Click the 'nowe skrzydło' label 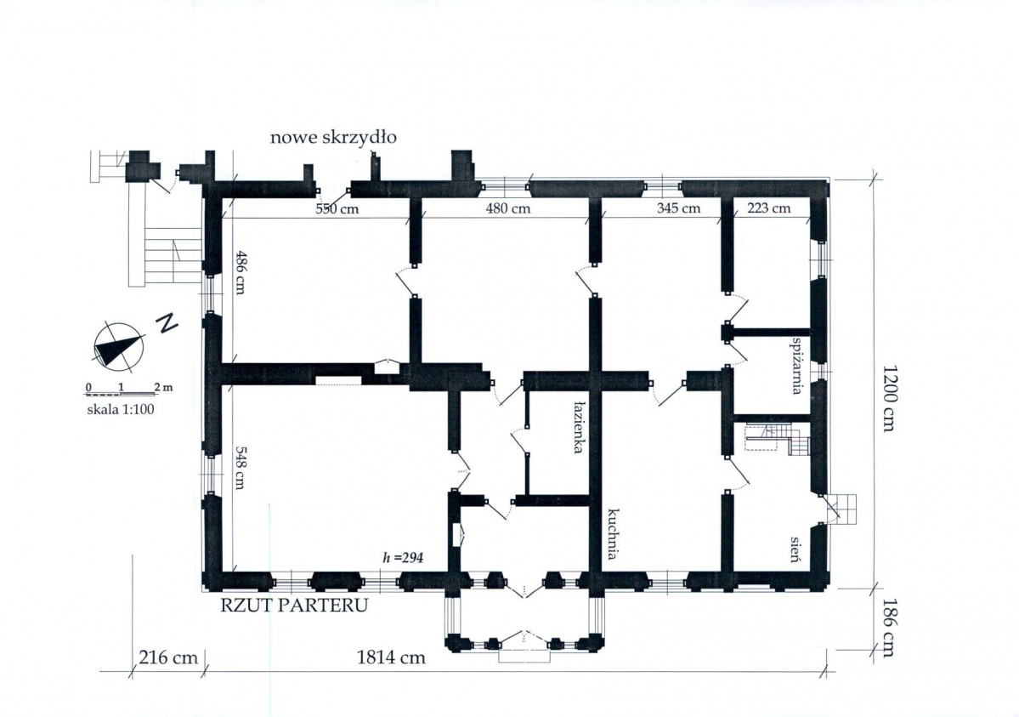333,138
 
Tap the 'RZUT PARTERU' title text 294,605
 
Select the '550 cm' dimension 337,209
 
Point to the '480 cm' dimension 508,208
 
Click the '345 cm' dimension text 678,208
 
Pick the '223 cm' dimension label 769,208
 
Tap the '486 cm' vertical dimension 239,272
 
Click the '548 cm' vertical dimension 239,467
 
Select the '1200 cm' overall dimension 889,398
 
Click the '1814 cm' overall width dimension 391,657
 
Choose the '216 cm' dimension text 168,657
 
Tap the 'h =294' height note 404,558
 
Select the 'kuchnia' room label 612,534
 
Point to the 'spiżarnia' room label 795,365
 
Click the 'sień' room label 795,549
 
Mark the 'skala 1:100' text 121,410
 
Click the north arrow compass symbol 119,344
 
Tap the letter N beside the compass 167,323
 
